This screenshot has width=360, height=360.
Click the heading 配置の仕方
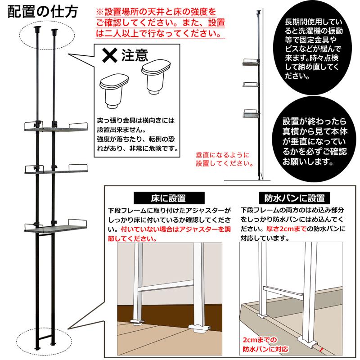coord(43,12)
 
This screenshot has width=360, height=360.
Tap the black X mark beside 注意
coord(110,55)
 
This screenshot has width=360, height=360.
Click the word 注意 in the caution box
coord(135,55)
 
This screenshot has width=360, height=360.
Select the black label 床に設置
coord(169,198)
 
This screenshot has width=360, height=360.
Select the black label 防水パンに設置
coord(294,198)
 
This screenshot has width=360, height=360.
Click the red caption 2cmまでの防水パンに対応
coord(265,344)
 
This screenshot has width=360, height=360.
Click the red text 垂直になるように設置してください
coord(225,159)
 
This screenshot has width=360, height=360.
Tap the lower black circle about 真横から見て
coord(314,141)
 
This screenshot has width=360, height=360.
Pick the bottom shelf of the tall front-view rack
coord(55,227)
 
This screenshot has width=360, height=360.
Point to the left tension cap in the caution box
coord(114,91)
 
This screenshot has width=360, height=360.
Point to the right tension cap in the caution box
coord(156,77)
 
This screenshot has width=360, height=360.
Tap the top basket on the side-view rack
coord(251,62)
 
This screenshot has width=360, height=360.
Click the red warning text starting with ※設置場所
coord(160,23)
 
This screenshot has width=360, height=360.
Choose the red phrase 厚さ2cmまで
coord(286,229)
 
